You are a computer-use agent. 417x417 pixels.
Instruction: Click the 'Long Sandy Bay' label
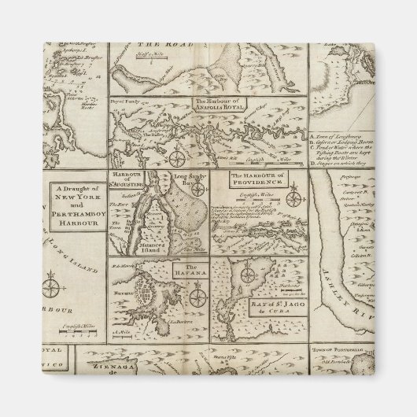pyautogui.click(x=194, y=183)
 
